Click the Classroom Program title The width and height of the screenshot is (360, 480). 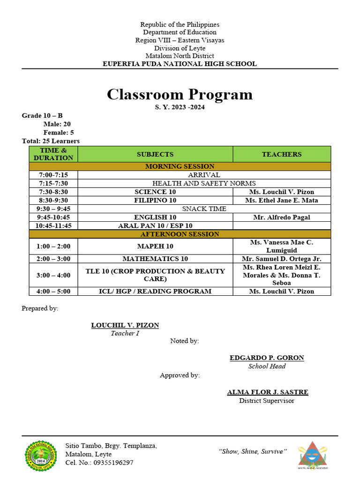pyautogui.click(x=180, y=94)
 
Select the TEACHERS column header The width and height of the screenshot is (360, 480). pyautogui.click(x=281, y=154)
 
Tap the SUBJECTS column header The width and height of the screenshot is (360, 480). pyautogui.click(x=155, y=154)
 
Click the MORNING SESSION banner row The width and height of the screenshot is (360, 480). pyautogui.click(x=180, y=166)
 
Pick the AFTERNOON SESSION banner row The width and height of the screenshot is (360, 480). pyautogui.click(x=180, y=234)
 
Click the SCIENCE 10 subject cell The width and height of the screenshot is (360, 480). pyautogui.click(x=155, y=192)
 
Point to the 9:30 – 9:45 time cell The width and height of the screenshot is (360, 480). pyautogui.click(x=53, y=209)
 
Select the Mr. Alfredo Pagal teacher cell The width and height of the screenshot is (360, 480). pyautogui.click(x=281, y=217)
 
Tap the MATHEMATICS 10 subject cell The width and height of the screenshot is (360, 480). pyautogui.click(x=155, y=259)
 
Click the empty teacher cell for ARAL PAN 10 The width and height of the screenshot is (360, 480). pyautogui.click(x=281, y=225)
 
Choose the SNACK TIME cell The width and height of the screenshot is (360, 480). pyautogui.click(x=204, y=209)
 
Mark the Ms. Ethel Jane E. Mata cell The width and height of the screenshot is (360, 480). pyautogui.click(x=281, y=200)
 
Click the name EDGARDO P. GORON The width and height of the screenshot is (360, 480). pyautogui.click(x=267, y=358)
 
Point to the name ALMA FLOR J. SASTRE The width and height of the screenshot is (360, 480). pyautogui.click(x=267, y=392)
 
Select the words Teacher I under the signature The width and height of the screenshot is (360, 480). pyautogui.click(x=125, y=334)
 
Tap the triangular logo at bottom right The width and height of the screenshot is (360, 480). pyautogui.click(x=312, y=455)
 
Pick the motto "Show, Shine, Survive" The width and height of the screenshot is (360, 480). pyautogui.click(x=252, y=451)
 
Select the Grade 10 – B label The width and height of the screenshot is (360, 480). pyautogui.click(x=42, y=116)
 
